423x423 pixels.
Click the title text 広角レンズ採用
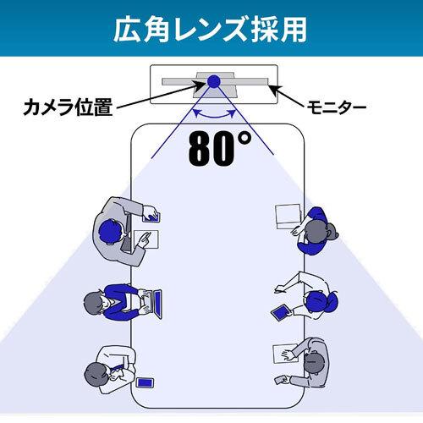[210, 29]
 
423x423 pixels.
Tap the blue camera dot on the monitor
[214, 81]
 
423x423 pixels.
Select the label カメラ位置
[68, 107]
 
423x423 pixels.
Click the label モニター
[336, 107]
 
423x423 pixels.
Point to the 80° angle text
[220, 148]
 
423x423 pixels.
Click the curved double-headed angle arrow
[214, 116]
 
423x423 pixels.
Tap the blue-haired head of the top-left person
[111, 232]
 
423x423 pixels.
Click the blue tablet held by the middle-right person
[281, 312]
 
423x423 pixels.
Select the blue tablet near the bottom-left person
[145, 382]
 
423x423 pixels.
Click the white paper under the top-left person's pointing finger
[146, 239]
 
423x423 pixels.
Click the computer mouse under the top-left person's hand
[152, 217]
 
